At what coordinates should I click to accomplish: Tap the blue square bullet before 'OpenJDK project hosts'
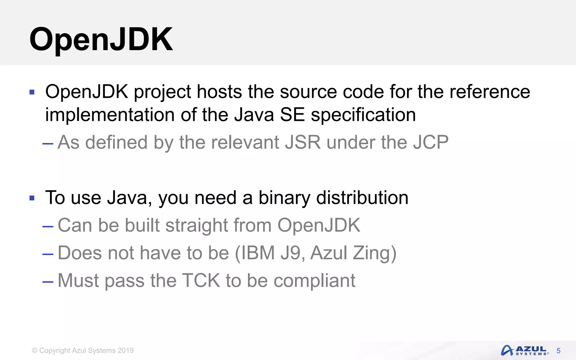pyautogui.click(x=32, y=92)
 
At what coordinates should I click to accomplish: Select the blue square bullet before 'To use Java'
pyautogui.click(x=32, y=198)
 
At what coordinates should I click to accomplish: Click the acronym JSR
pyautogui.click(x=303, y=142)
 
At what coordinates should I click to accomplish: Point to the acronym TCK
pyautogui.click(x=201, y=280)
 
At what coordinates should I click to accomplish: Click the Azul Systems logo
pyautogui.click(x=524, y=350)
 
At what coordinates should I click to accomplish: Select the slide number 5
pyautogui.click(x=558, y=351)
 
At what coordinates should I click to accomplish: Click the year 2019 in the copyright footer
pyautogui.click(x=125, y=350)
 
